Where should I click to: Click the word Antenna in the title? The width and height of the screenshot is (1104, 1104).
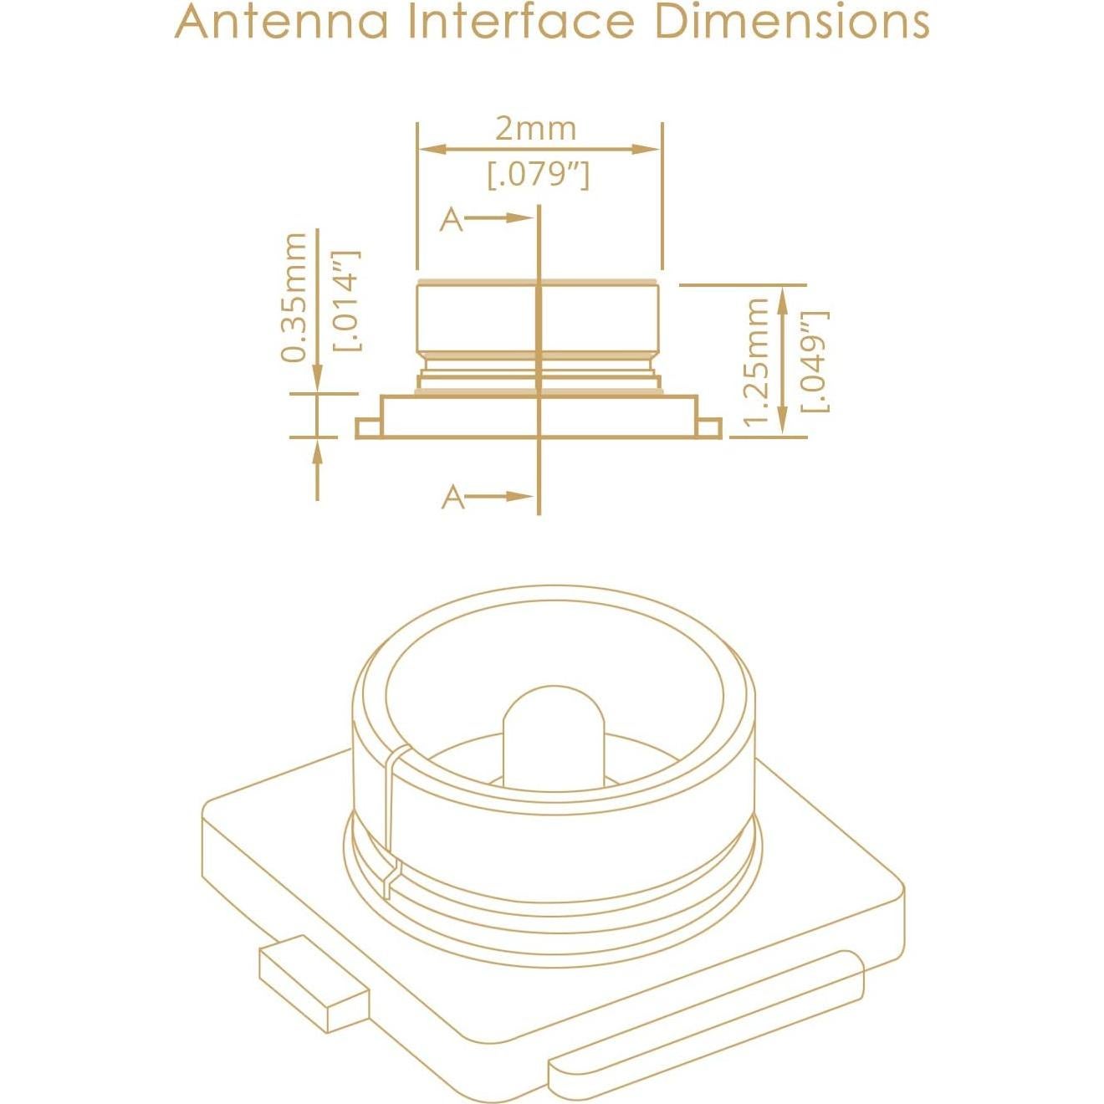(282, 23)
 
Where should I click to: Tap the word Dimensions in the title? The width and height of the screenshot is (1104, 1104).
(791, 23)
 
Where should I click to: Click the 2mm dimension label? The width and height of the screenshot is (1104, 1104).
(535, 129)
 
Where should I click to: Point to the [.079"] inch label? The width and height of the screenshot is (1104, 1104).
(539, 175)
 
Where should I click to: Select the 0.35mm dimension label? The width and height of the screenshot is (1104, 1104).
(294, 297)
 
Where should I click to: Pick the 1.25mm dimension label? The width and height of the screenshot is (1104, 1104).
(757, 361)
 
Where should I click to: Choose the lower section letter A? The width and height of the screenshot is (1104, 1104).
(452, 497)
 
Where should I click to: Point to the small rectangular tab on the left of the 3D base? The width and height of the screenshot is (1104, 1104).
(314, 987)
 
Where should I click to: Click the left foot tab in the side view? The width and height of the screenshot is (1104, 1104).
(368, 428)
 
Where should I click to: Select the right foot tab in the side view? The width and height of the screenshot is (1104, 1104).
(709, 428)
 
